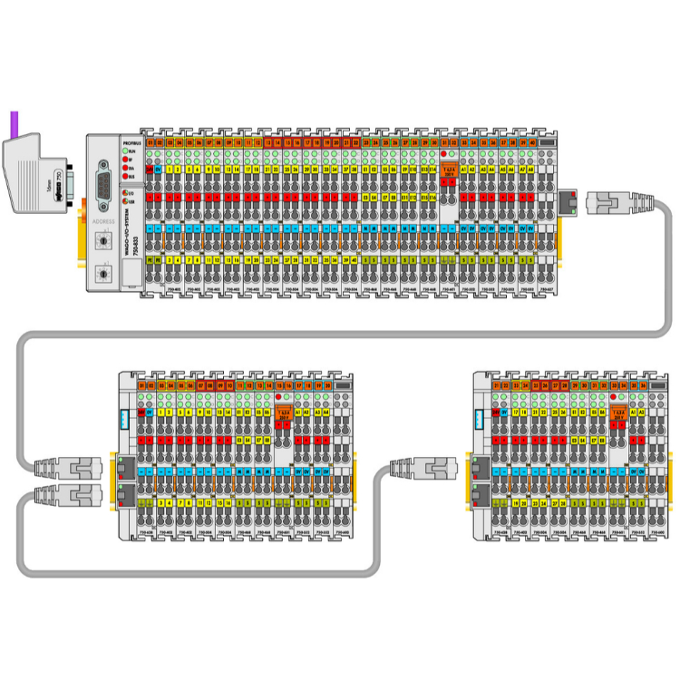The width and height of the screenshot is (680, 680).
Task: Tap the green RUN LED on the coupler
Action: pos(124,151)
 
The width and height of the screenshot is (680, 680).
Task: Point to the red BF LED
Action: pos(124,159)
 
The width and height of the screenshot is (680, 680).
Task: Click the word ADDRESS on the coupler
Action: pos(102,220)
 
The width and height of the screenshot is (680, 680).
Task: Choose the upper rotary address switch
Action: pos(102,240)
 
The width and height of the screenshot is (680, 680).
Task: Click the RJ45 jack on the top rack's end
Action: pos(568,200)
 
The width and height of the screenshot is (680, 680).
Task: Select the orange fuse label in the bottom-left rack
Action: pos(283,412)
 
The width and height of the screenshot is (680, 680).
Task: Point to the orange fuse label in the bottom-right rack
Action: pos(620,412)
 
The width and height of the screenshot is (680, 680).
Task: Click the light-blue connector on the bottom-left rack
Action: pos(125,419)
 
